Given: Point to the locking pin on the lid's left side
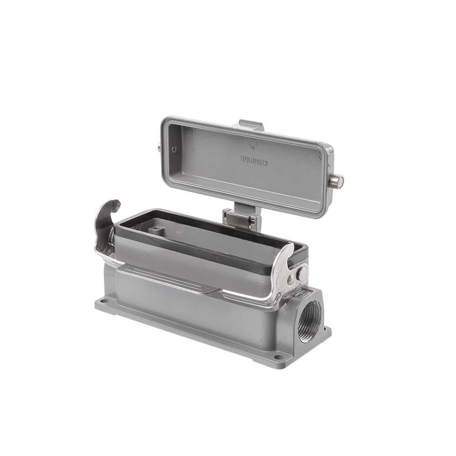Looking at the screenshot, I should tap(159, 147).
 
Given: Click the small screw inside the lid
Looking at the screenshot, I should tap(174, 149).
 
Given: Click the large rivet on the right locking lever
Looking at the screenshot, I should tap(301, 274).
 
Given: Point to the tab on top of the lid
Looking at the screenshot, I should tap(251, 124).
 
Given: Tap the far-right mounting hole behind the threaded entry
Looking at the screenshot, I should tap(326, 329).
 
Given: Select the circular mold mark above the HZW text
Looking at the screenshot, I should tap(253, 145).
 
